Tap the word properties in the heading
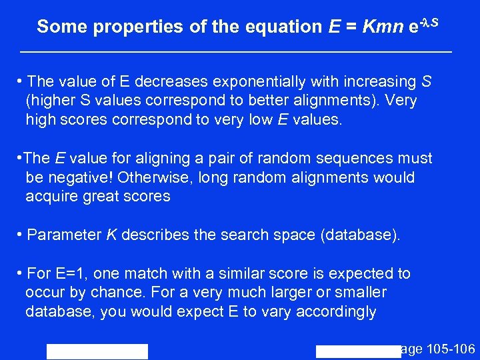[x=126, y=27]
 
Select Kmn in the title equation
[x=383, y=27]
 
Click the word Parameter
[x=65, y=235]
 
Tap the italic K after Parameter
[x=111, y=235]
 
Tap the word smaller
[x=360, y=293]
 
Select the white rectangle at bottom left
[x=97, y=351]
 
